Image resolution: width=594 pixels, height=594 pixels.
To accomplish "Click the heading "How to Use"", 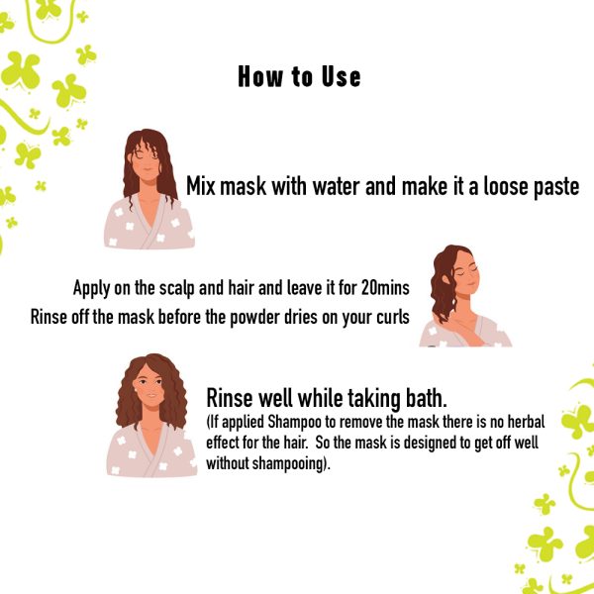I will (299, 77).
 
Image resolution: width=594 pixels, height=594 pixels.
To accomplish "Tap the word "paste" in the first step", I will (553, 186).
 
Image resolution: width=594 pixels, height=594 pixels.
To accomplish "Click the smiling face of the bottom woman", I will (149, 395).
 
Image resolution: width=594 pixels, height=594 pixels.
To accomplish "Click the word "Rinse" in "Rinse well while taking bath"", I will (229, 398).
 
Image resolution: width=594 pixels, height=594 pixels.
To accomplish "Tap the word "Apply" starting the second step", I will (92, 288).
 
